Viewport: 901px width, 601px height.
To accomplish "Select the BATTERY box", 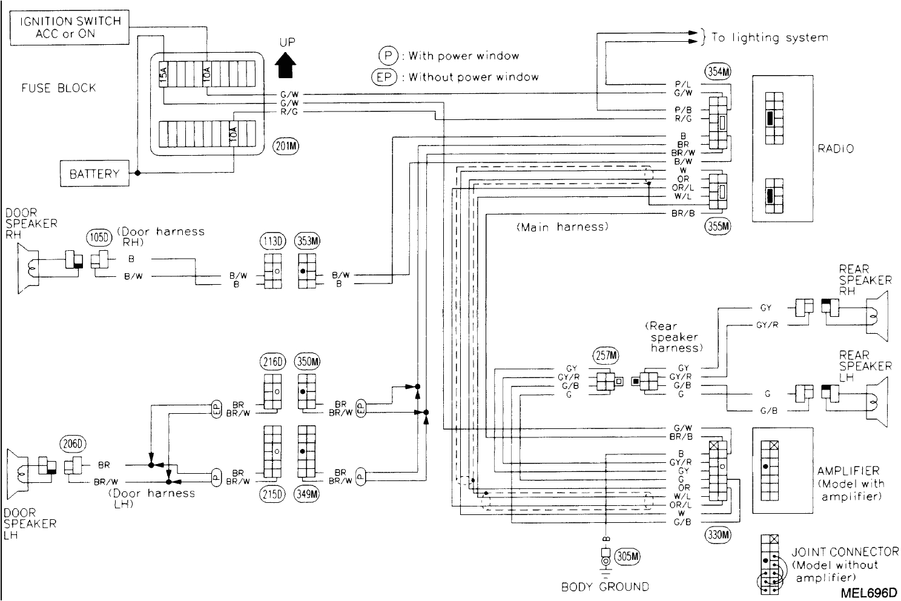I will [94, 174].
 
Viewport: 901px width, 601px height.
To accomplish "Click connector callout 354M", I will [718, 71].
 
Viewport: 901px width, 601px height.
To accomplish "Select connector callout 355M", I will [718, 226].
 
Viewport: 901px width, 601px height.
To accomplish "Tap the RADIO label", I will [836, 148].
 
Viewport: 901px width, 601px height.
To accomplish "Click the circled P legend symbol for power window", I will [388, 56].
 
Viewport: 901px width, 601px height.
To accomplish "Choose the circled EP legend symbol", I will [384, 77].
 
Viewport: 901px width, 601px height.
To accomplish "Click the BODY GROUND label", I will [604, 586].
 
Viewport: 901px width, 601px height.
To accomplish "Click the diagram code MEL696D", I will [868, 591].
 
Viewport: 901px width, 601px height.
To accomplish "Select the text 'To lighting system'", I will [769, 38].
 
